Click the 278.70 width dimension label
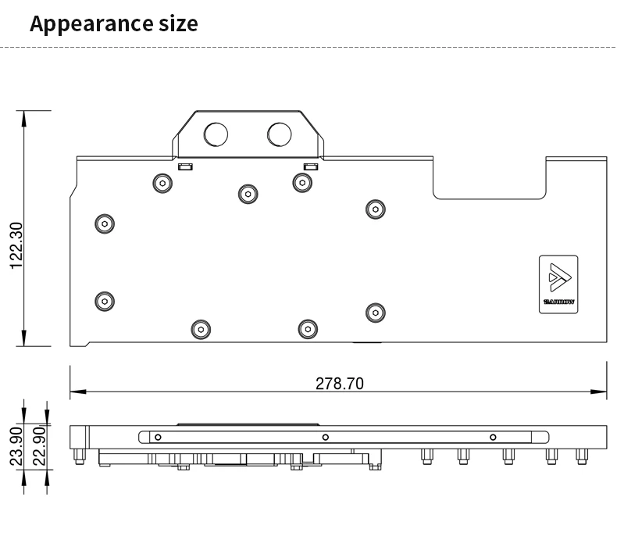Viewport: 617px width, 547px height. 340,384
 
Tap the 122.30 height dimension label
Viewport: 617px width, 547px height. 17,246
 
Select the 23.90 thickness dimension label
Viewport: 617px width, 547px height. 16,446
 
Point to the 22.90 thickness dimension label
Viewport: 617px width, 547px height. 39,446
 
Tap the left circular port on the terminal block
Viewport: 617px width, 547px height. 216,134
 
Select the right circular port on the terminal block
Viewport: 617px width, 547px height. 280,134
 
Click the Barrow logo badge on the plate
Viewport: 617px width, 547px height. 558,284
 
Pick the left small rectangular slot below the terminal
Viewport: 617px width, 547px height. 185,166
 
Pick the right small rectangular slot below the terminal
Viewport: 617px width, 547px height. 311,166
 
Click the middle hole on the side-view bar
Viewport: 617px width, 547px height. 326,437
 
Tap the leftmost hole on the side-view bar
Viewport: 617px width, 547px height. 158,437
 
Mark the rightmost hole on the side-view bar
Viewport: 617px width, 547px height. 493,437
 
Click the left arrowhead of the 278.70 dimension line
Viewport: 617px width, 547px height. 78,391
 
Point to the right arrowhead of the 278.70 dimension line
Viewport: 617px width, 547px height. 598,391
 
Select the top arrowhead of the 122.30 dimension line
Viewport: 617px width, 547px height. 24,119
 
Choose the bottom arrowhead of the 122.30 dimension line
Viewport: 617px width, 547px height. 24,338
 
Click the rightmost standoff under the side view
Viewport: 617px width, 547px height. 582,456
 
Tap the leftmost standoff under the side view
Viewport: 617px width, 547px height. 79,456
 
